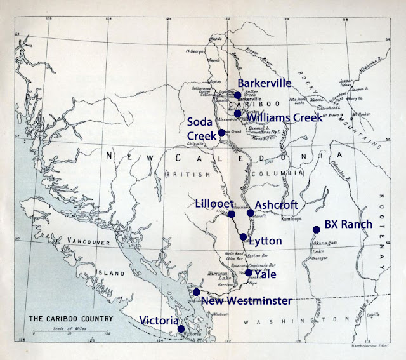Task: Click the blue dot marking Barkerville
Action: (238, 95)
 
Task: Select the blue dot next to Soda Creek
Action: (221, 133)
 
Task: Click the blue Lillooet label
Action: (211, 203)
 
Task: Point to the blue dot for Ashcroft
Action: (250, 213)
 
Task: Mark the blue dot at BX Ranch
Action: (315, 230)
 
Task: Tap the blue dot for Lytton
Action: (243, 237)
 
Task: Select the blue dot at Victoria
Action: (181, 329)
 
